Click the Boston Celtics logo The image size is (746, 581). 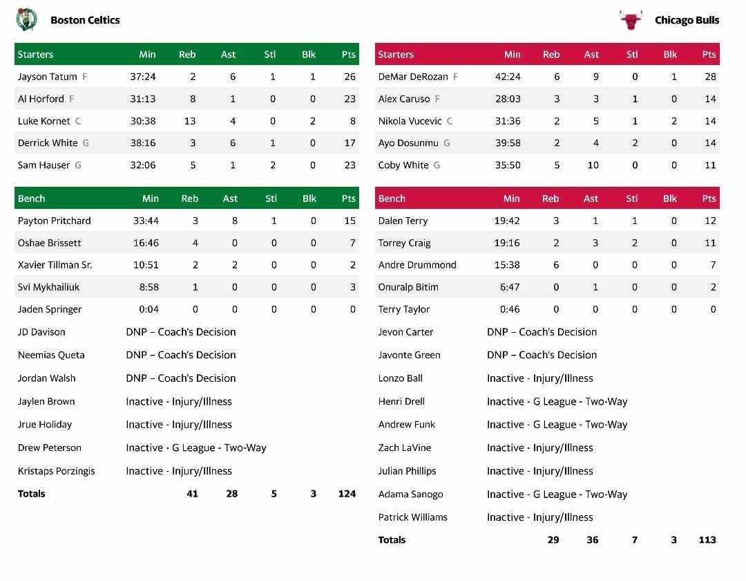point(26,19)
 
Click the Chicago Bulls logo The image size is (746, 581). point(631,19)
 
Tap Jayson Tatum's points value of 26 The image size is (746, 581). point(350,77)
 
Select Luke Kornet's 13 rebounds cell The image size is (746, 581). point(189,121)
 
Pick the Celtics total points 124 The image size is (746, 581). point(347,494)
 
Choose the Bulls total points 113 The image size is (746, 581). point(707,540)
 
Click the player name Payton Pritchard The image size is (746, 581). point(55,221)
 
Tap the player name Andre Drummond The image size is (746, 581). point(417,265)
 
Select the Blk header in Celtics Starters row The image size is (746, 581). point(309,55)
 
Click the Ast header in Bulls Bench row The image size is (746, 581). point(591,199)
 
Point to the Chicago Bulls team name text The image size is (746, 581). point(687,20)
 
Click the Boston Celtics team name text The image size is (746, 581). point(85,20)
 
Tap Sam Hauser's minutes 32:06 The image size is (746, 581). point(143,165)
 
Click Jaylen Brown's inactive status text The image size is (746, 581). point(179,402)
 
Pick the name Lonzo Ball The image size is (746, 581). point(401,378)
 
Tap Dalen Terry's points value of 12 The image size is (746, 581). point(710,221)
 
